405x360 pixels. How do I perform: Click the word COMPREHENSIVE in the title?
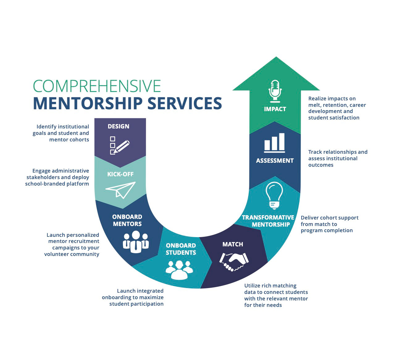coord(97,86)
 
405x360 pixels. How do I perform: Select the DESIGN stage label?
coord(119,126)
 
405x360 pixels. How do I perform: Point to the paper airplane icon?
coord(121,190)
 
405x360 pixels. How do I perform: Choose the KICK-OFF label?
coord(120,174)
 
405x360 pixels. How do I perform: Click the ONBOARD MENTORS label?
coord(127,220)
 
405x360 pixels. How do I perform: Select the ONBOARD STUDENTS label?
coord(181,249)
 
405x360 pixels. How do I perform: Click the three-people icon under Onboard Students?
coord(179,269)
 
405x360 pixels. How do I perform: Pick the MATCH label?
coord(233,244)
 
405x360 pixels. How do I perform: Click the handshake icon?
coord(234,262)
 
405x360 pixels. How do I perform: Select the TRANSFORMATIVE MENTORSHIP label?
coord(268,221)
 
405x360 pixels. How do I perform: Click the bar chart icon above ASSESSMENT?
coord(274,143)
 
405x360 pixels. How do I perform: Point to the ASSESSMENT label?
coord(275,161)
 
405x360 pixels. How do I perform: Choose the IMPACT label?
coord(275,109)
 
